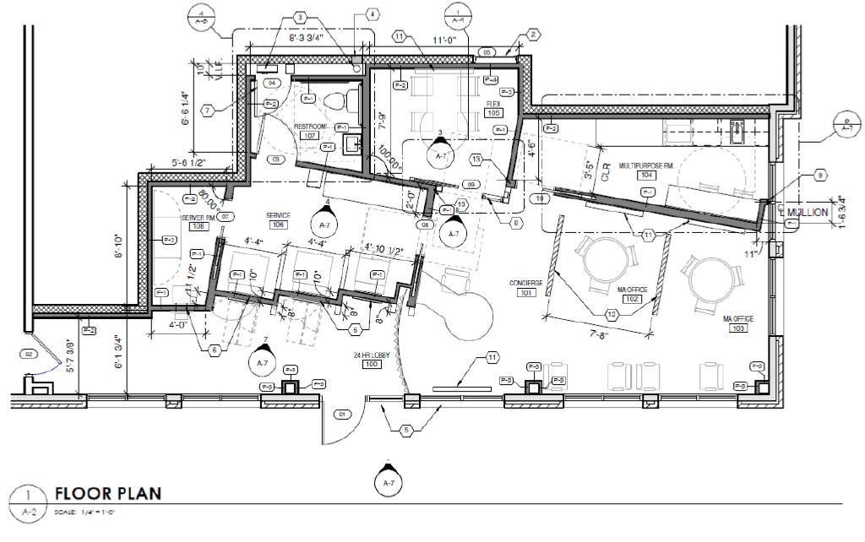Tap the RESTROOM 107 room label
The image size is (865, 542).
[x=309, y=131]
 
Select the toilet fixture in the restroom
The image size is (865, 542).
[x=340, y=100]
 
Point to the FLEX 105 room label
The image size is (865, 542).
[x=493, y=108]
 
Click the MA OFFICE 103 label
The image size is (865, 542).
[x=737, y=322]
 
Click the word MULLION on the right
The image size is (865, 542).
[x=809, y=214]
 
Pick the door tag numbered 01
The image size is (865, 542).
[x=342, y=415]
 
